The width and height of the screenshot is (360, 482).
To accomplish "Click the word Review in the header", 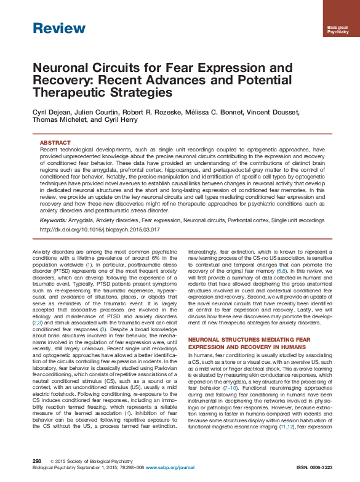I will tap(59, 28).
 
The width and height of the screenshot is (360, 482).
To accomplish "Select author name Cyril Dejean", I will tap(53, 111).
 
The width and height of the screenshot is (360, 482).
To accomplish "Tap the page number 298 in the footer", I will tap(36, 461).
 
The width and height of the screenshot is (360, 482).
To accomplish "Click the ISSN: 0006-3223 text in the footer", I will tap(314, 467).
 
